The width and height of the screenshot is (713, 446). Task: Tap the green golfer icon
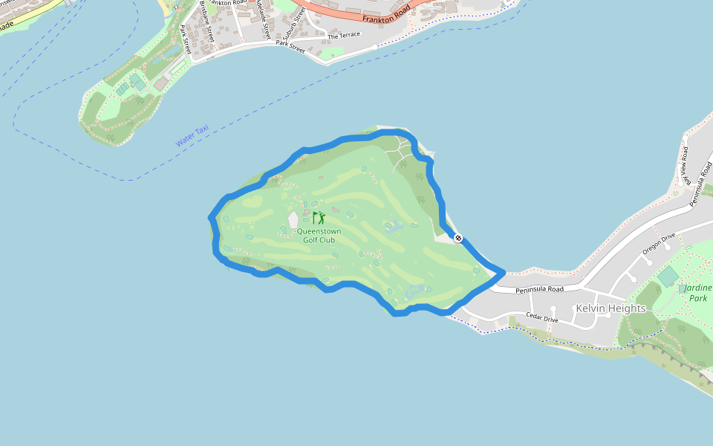click(x=319, y=218)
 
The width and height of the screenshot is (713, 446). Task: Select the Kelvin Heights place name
click(x=611, y=308)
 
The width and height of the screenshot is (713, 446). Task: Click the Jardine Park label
click(x=697, y=293)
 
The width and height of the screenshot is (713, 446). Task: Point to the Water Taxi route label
click(x=192, y=135)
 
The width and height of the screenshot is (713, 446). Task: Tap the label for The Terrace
click(x=344, y=35)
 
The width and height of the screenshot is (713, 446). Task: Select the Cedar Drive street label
click(x=541, y=317)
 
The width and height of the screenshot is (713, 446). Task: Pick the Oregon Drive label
click(x=659, y=244)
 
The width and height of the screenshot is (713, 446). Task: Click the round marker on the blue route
click(x=458, y=238)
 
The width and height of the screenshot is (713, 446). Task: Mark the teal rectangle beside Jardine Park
click(x=668, y=277)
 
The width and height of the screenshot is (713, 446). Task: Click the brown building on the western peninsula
click(x=161, y=84)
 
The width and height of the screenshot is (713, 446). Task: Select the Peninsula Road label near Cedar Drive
click(x=539, y=289)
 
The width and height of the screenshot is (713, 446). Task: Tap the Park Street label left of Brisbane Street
click(x=186, y=40)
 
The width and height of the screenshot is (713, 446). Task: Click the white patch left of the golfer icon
click(x=293, y=220)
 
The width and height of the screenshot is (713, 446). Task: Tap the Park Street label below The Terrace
click(x=290, y=46)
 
